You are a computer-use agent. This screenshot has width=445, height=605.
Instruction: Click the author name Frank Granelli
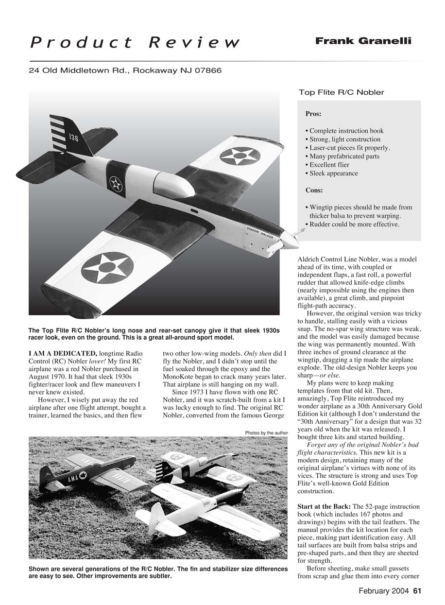click(x=363, y=41)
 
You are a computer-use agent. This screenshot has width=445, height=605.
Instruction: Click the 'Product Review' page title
click(x=135, y=43)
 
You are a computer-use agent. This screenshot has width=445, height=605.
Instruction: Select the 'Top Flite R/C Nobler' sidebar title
click(x=341, y=92)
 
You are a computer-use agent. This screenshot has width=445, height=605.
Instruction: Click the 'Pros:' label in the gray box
click(x=313, y=114)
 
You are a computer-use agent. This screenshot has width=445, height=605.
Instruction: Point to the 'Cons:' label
click(x=314, y=190)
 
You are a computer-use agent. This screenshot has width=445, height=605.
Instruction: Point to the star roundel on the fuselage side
click(x=116, y=184)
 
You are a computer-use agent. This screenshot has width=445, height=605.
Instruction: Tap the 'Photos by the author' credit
click(x=267, y=433)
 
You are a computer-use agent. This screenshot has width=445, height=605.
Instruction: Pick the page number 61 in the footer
click(x=417, y=591)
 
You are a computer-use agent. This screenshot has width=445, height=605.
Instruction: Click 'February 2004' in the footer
click(x=384, y=591)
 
